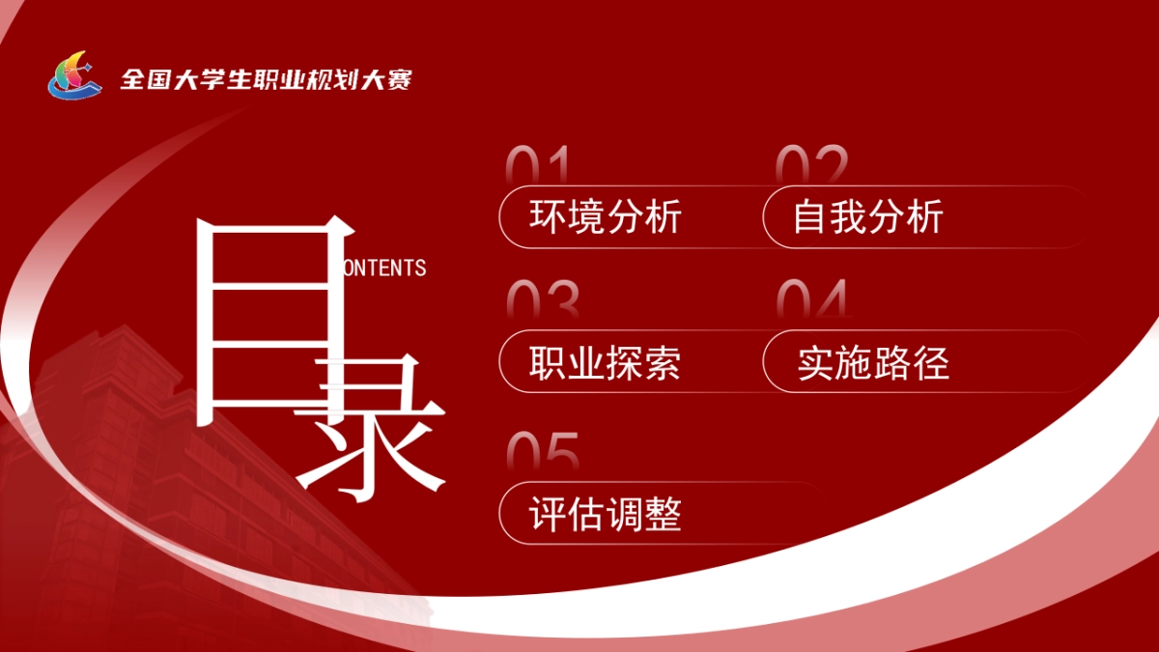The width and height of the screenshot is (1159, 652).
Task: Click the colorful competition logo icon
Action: (74, 75)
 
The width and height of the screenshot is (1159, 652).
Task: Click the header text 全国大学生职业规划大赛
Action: (266, 79)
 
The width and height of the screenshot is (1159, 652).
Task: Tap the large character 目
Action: (273, 324)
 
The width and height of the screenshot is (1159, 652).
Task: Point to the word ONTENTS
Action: (384, 268)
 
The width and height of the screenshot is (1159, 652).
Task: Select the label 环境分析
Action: (606, 216)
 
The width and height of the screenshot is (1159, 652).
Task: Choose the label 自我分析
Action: (867, 216)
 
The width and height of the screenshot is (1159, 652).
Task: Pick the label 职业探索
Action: (606, 362)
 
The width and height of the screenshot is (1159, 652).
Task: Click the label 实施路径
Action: (873, 362)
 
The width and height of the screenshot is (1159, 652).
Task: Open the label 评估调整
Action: (606, 514)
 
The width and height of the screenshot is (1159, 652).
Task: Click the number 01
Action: (538, 164)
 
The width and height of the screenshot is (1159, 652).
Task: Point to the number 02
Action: (812, 163)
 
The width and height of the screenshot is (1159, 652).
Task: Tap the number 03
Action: (542, 300)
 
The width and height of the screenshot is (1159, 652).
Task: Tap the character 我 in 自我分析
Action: (848, 216)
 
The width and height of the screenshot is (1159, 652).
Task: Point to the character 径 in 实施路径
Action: (931, 362)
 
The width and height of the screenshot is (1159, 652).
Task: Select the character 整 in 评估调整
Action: (664, 514)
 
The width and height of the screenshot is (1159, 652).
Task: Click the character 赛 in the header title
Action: (399, 79)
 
